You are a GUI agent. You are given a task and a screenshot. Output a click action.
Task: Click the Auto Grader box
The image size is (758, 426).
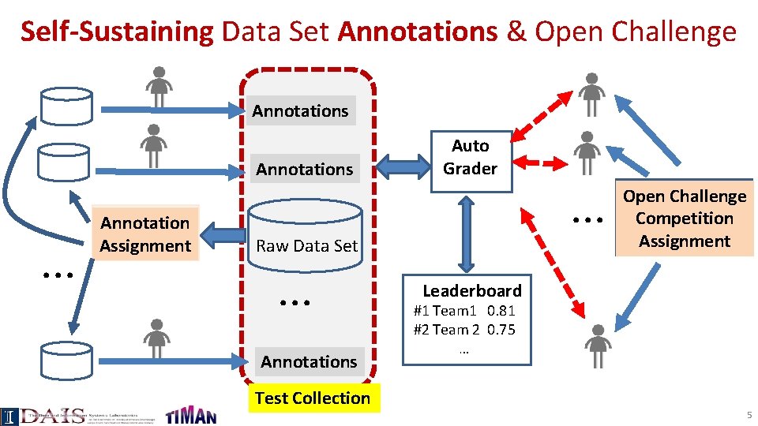pyautogui.click(x=470, y=158)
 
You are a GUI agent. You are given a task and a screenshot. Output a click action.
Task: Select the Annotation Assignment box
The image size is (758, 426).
pyautogui.click(x=145, y=234)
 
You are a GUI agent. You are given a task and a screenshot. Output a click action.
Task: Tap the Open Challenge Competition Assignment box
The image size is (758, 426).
pyautogui.click(x=684, y=219)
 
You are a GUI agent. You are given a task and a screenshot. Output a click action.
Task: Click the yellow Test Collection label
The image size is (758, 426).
pyautogui.click(x=313, y=398)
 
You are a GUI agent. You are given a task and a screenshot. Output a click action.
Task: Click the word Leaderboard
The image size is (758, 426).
pyautogui.click(x=471, y=290)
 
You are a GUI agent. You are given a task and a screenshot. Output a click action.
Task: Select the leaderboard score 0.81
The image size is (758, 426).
pyautogui.click(x=501, y=311)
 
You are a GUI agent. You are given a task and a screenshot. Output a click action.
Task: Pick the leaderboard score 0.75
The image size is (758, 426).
pyautogui.click(x=501, y=330)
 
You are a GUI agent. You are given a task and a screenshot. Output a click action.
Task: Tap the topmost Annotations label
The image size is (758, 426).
pyautogui.click(x=300, y=111)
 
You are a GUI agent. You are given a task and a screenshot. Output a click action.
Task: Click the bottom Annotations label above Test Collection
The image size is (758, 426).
pyautogui.click(x=309, y=361)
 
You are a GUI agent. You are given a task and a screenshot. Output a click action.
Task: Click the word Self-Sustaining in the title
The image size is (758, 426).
pyautogui.click(x=117, y=32)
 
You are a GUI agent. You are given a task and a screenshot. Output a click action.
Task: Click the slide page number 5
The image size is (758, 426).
pyautogui.click(x=749, y=415)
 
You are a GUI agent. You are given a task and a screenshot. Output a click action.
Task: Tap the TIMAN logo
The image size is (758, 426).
pyautogui.click(x=190, y=415)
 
